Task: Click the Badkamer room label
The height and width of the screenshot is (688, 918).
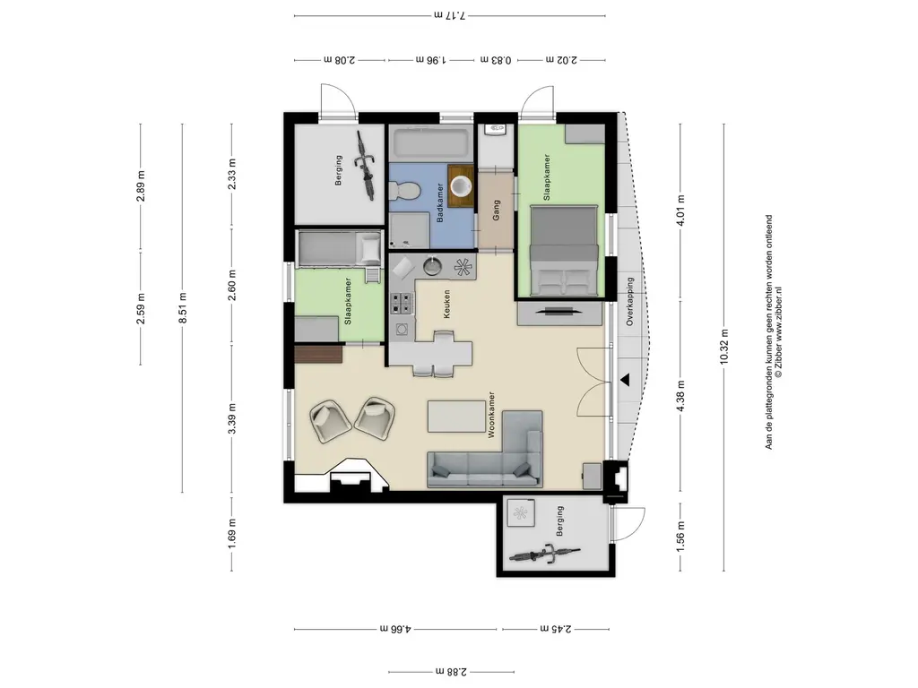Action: [x=440, y=202]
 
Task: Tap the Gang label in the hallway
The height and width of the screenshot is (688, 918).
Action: [x=497, y=210]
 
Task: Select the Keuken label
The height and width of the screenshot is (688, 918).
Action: [x=446, y=304]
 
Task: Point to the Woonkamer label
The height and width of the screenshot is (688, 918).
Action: [x=491, y=415]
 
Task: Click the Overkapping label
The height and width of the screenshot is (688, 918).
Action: [x=630, y=301]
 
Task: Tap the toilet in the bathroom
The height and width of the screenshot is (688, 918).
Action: [x=404, y=190]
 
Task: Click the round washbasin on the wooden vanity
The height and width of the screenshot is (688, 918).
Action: [x=462, y=186]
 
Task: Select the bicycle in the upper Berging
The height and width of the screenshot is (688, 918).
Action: [x=366, y=166]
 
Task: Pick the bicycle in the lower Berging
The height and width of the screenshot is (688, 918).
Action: [x=544, y=553]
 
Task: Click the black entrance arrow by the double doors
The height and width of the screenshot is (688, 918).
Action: [x=625, y=380]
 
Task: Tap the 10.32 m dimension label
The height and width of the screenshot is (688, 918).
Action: [x=724, y=347]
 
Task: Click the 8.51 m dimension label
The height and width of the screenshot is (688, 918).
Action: [x=183, y=308]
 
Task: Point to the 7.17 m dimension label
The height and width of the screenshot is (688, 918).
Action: [x=450, y=16]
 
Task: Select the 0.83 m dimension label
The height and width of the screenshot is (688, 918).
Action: [x=496, y=60]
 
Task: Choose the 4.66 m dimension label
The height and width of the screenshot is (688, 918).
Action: [x=395, y=630]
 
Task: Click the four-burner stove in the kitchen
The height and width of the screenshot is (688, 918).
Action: [x=402, y=303]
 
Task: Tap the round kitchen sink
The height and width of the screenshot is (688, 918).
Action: [x=433, y=267]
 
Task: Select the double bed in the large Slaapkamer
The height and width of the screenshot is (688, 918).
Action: [x=564, y=251]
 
